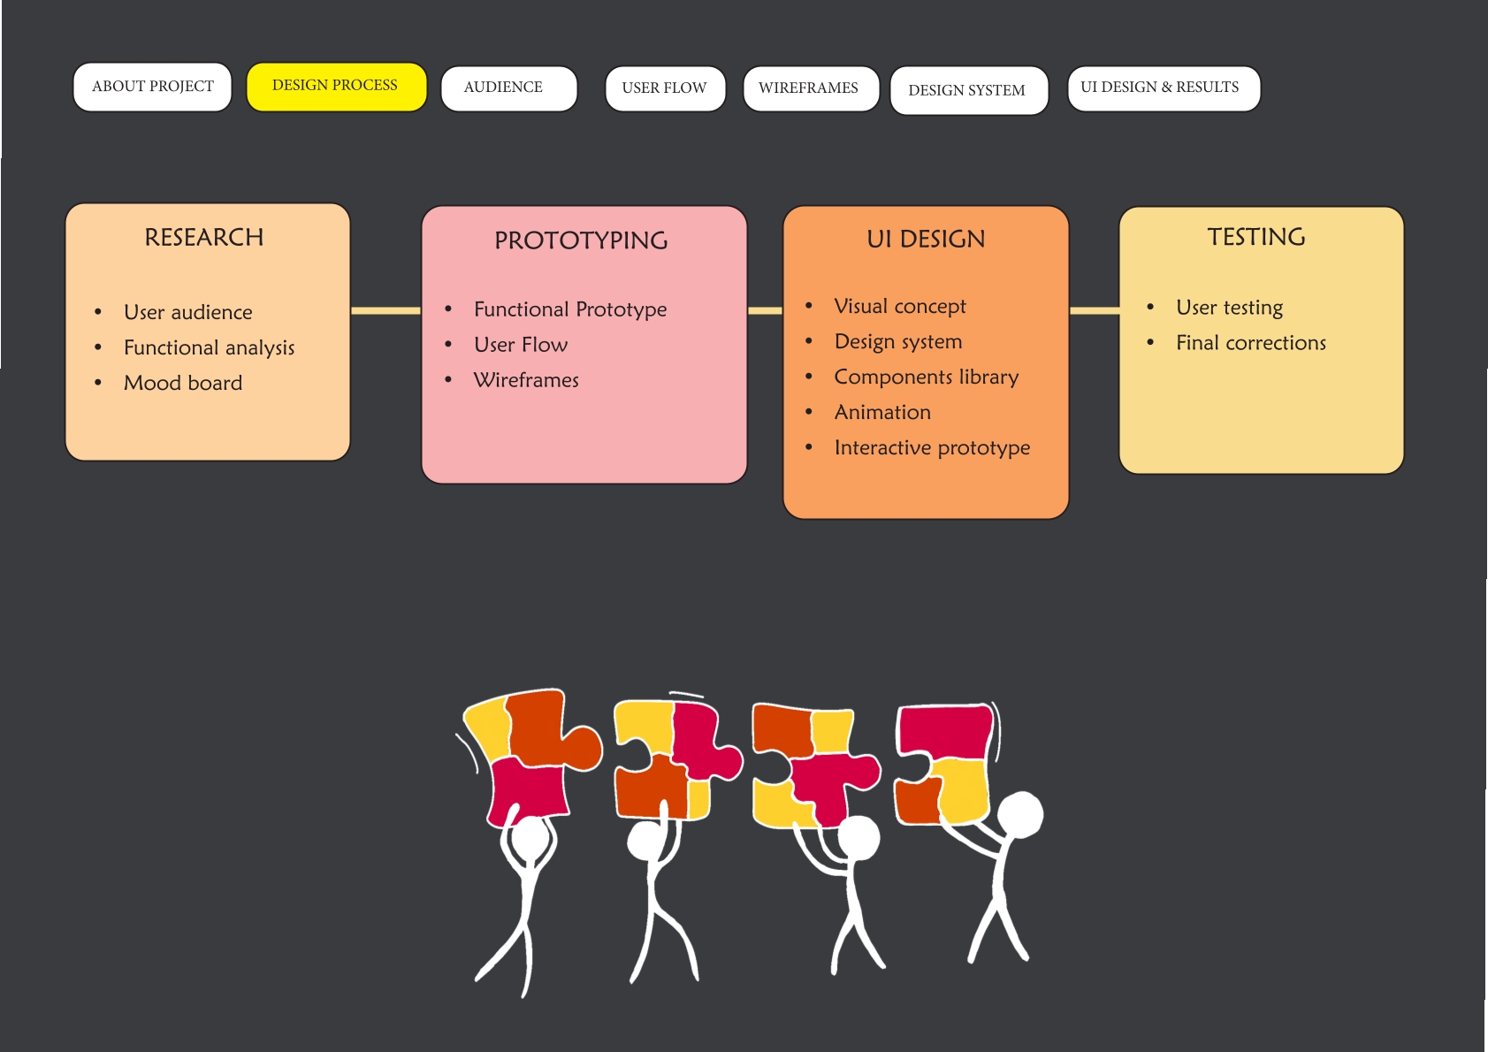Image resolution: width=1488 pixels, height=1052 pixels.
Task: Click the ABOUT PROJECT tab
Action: (x=152, y=87)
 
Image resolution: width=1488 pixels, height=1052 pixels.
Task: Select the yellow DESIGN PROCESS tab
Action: (x=335, y=86)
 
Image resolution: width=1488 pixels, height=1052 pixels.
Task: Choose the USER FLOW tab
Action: (x=665, y=88)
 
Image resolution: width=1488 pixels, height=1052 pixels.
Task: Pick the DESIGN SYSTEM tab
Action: (x=968, y=90)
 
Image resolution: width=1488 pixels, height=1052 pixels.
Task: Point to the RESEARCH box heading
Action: (x=204, y=237)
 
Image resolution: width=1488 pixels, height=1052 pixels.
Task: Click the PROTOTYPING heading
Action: (x=581, y=240)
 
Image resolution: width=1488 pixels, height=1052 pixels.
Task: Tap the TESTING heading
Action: (x=1256, y=237)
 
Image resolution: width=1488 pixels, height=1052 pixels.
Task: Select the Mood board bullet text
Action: (x=183, y=383)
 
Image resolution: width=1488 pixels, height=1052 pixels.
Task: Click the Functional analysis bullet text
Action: (x=209, y=347)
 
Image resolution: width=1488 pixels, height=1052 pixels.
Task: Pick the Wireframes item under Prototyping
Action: (x=526, y=380)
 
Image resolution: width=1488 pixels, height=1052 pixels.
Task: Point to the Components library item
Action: (x=926, y=377)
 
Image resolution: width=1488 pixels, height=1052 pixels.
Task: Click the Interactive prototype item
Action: (x=932, y=447)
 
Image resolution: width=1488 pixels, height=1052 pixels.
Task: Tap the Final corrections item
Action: (x=1250, y=343)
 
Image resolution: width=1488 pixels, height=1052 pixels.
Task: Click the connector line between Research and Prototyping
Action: (x=385, y=310)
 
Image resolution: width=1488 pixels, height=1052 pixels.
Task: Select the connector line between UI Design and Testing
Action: (x=1094, y=310)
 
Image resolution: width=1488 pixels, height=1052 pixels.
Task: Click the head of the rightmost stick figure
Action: (x=1020, y=814)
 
